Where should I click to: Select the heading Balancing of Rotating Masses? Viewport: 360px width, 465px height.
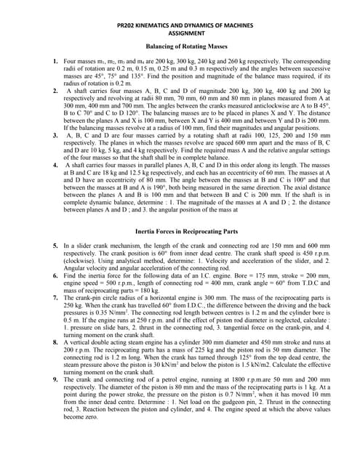[180, 46]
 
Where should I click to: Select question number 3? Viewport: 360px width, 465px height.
[56, 135]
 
